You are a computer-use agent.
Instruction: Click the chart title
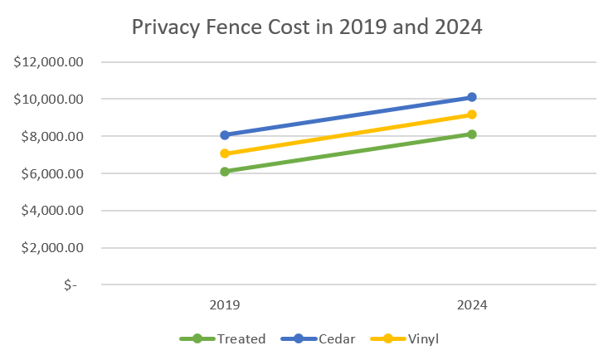point(307,27)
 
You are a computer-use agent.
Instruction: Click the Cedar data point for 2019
point(224,134)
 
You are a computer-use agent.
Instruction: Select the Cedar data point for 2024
point(472,97)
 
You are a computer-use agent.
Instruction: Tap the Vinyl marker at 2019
point(224,153)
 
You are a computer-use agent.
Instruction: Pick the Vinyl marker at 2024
point(472,114)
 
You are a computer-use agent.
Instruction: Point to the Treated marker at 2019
point(224,172)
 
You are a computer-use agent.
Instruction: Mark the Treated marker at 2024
point(472,134)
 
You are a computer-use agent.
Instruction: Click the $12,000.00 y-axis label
point(50,62)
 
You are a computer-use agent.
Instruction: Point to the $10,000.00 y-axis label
point(50,100)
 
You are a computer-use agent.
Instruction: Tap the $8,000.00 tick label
point(53,137)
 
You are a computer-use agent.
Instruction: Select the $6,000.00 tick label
point(53,174)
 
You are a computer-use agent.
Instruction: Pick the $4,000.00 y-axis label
point(53,211)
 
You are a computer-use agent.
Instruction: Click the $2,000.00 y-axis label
point(53,248)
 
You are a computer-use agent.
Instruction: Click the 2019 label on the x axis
point(224,305)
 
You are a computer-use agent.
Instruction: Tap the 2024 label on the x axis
point(472,305)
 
